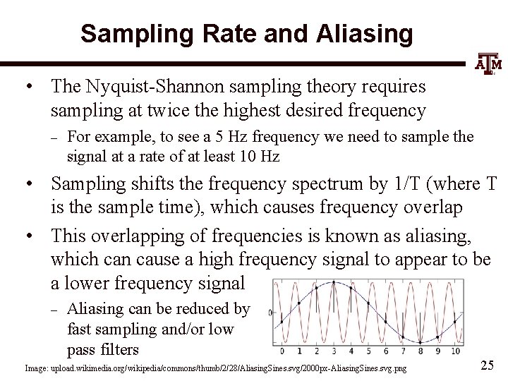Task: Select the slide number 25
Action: pyautogui.click(x=487, y=365)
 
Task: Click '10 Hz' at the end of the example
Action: pyautogui.click(x=262, y=157)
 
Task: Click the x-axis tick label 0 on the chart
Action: pyautogui.click(x=282, y=351)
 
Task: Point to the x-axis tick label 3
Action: pyautogui.click(x=333, y=351)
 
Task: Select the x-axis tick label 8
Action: pyautogui.click(x=420, y=351)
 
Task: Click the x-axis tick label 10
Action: pyautogui.click(x=454, y=351)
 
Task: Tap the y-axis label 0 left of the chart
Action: pyautogui.click(x=271, y=313)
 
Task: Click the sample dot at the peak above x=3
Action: pyautogui.click(x=333, y=284)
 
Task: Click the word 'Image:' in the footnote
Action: pyautogui.click(x=37, y=368)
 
